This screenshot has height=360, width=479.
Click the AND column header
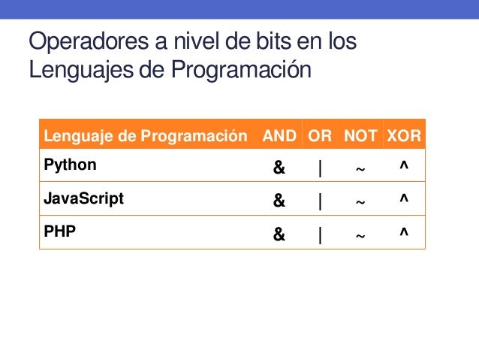click(279, 137)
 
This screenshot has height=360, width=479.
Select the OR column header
click(320, 137)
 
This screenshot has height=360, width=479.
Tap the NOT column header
click(360, 137)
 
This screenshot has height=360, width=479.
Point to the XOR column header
click(404, 137)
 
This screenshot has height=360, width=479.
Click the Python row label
click(71, 164)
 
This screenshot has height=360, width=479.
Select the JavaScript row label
click(83, 199)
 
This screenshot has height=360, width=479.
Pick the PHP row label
click(60, 232)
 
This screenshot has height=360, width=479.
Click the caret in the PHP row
click(404, 234)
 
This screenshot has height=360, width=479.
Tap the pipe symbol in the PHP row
click(321, 235)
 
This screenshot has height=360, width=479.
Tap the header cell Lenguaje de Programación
click(146, 137)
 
